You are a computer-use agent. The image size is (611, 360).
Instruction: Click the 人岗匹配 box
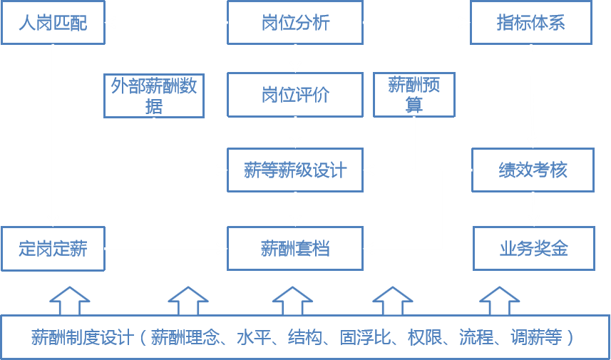tap(53, 22)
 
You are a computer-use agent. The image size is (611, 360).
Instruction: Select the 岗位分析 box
tap(295, 22)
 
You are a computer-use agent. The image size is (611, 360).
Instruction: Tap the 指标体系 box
tap(531, 22)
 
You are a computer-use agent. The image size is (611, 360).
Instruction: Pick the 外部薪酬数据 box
tap(154, 96)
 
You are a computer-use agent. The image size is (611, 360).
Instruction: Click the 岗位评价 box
tap(295, 96)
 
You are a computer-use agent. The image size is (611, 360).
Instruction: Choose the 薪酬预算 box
tap(414, 96)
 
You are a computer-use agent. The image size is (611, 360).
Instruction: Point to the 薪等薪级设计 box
tap(295, 170)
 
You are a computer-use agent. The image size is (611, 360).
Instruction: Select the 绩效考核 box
tap(533, 170)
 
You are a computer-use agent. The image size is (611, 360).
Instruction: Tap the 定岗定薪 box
tap(53, 249)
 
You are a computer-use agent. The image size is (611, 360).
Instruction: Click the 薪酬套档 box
tap(295, 249)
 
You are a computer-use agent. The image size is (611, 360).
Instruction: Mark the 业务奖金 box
tap(533, 249)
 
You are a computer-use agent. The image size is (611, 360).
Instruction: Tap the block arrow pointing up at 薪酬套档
tap(292, 300)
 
